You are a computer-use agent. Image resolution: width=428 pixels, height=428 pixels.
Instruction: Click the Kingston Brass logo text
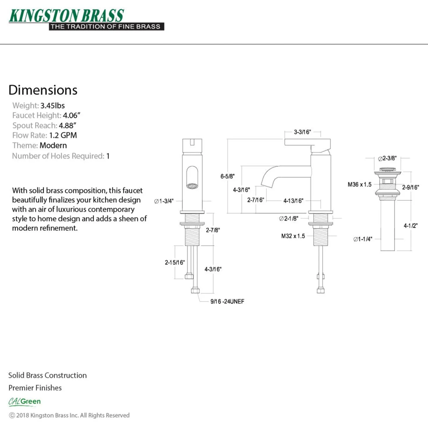(x=66, y=15)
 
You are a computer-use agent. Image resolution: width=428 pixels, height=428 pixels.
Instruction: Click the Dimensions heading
(x=43, y=90)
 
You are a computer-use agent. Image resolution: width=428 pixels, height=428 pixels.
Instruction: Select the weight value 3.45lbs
(x=52, y=105)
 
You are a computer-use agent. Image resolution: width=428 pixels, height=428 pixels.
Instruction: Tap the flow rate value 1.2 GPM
(x=63, y=135)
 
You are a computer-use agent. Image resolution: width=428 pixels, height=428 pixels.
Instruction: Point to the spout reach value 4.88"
(x=67, y=125)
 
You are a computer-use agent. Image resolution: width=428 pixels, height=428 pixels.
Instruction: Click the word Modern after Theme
(x=53, y=146)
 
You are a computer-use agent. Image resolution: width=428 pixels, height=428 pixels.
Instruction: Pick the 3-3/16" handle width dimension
(x=302, y=132)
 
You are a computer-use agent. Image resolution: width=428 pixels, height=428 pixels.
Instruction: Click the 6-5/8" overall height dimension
(x=227, y=176)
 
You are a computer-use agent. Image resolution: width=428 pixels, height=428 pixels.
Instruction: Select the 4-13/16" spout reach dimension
(x=293, y=201)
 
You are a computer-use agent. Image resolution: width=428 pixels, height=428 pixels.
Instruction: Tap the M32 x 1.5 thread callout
(x=293, y=236)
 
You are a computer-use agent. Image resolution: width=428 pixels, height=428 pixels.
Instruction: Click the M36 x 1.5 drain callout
(x=359, y=184)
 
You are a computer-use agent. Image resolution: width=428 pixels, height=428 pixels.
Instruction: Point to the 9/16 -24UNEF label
(x=227, y=301)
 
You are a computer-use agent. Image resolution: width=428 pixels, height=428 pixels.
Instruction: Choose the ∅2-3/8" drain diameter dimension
(x=387, y=158)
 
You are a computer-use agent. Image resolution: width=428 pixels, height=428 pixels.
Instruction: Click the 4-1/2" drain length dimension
(x=411, y=226)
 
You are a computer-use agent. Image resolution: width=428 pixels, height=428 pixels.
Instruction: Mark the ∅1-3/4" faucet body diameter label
(x=164, y=201)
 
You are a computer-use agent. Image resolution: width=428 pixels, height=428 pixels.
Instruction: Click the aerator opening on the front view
(x=192, y=186)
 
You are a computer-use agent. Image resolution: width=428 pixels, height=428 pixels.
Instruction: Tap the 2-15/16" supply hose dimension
(x=175, y=263)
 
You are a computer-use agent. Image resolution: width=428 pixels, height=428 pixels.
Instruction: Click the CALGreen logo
(x=24, y=402)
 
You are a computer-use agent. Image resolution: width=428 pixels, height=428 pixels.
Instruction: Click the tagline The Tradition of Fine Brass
(x=105, y=27)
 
